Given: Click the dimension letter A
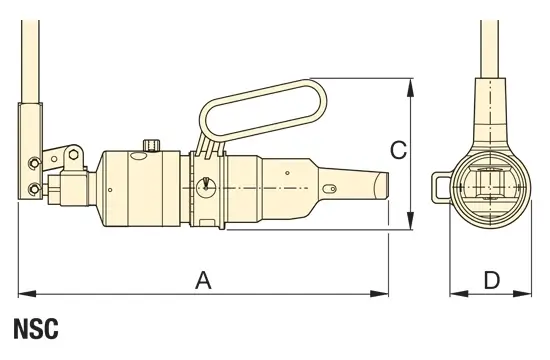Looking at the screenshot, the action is point(203,280).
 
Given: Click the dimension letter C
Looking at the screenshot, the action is point(398,150).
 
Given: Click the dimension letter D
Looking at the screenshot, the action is point(492,280).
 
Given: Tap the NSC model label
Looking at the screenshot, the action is point(36,329).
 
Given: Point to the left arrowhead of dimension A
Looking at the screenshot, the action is point(27,293).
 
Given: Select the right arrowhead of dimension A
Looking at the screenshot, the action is point(380,293).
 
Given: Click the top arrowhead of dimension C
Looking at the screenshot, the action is point(410,88).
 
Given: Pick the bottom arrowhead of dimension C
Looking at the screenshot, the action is point(410,221).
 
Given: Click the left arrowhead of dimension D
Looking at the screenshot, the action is point(459,293).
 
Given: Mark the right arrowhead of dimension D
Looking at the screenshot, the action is point(523,293).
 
